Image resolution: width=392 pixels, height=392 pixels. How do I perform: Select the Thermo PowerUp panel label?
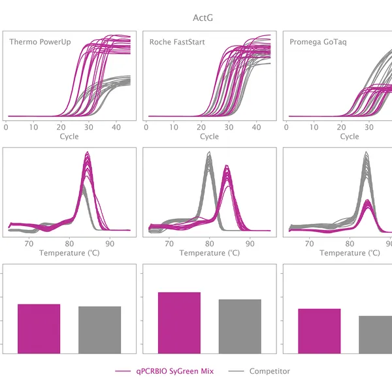point(40,42)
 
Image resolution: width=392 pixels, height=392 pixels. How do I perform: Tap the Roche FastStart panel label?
point(177,42)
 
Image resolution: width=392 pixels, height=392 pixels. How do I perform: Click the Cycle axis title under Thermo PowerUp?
point(69,137)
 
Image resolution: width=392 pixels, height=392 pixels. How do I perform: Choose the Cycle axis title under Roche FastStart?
point(209,137)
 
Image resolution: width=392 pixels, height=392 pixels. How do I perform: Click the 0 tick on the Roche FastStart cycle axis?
point(146,127)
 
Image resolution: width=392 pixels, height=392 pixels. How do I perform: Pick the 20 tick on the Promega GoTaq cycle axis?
point(341,127)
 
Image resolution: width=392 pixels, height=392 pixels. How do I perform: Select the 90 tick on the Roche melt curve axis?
point(249,243)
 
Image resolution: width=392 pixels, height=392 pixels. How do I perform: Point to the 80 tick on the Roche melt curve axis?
point(209,243)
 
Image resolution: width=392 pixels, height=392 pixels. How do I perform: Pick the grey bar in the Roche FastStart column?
point(240,326)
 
